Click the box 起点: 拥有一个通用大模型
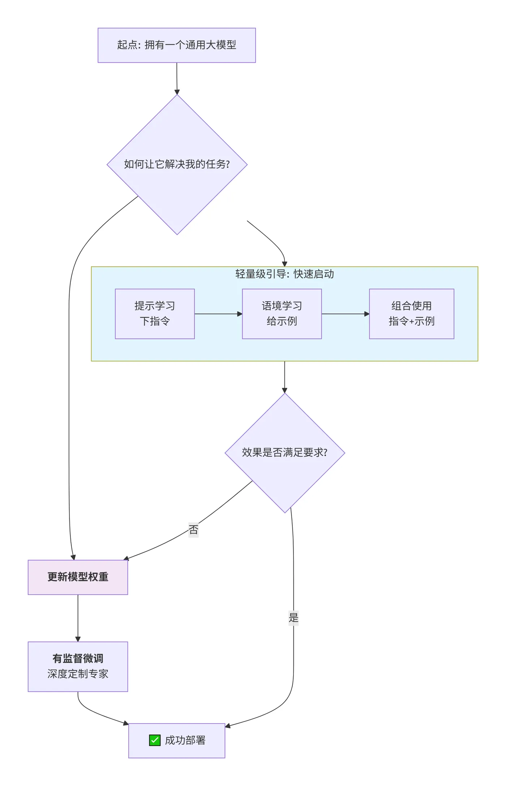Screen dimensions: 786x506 [x=176, y=45]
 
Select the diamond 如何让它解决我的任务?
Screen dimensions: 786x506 [x=177, y=164]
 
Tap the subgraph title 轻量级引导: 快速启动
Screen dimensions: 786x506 [x=284, y=274]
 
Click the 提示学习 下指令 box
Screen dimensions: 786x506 [x=155, y=314]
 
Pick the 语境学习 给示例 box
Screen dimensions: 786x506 [x=282, y=314]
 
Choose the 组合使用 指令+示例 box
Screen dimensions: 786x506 [x=411, y=314]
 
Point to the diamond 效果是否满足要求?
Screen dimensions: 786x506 [x=284, y=453]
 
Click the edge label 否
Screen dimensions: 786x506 [x=193, y=530]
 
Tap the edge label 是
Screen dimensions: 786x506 [x=293, y=618]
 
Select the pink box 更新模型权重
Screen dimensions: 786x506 [x=78, y=577]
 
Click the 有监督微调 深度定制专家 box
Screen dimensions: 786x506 [x=78, y=666]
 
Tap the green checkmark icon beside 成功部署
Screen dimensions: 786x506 [x=155, y=740]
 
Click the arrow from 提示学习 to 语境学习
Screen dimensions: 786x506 [x=218, y=314]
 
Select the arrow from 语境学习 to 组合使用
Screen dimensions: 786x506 [x=345, y=314]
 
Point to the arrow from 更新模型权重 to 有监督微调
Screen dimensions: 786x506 [x=78, y=618]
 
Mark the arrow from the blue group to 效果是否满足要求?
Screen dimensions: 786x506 [x=284, y=377]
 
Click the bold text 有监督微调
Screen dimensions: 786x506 [x=78, y=658]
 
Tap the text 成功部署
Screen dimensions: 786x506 [x=185, y=740]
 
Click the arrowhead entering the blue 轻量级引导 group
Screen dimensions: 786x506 [x=284, y=264]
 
